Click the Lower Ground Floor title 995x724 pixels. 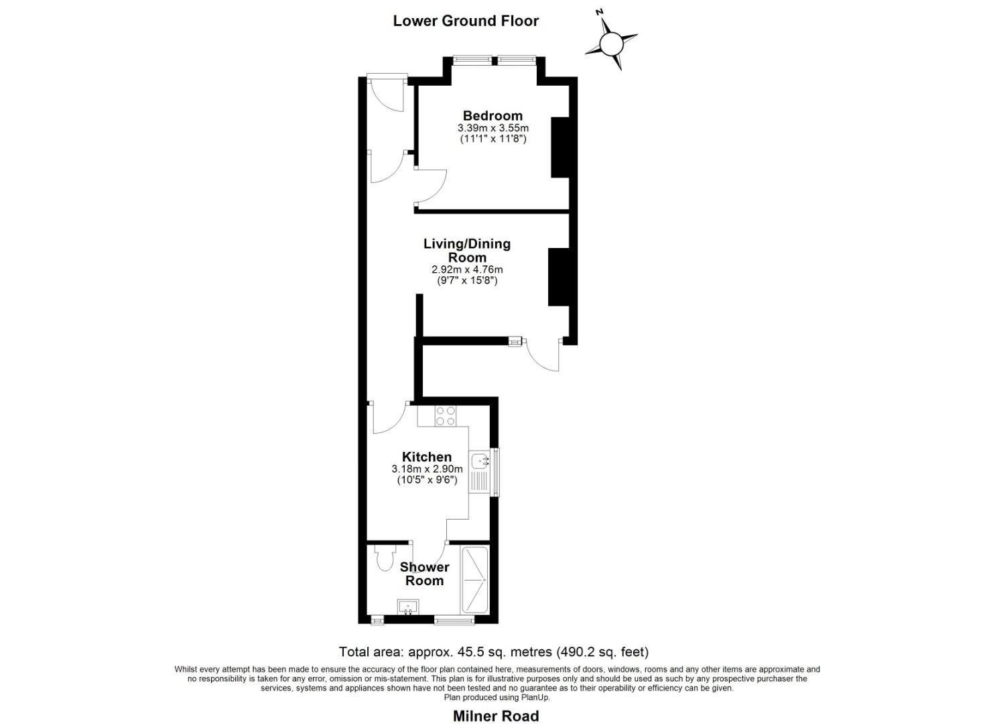466,21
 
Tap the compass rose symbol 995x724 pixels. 611,44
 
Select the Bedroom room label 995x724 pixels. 492,116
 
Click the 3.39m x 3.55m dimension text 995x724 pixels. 493,128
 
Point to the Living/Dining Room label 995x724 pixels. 467,251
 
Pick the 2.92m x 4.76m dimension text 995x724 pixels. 467,269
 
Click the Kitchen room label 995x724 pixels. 427,457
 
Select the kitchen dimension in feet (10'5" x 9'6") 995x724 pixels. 427,480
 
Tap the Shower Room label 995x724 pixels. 425,574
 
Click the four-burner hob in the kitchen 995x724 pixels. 446,416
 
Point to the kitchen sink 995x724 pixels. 480,461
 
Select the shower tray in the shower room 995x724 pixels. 475,579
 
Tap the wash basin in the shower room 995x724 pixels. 407,607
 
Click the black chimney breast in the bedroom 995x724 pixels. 560,147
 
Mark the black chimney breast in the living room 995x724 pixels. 558,277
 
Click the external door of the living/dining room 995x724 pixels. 543,354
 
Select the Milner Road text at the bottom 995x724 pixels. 496,716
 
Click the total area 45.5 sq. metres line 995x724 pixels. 494,652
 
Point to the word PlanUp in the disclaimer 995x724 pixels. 535,697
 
